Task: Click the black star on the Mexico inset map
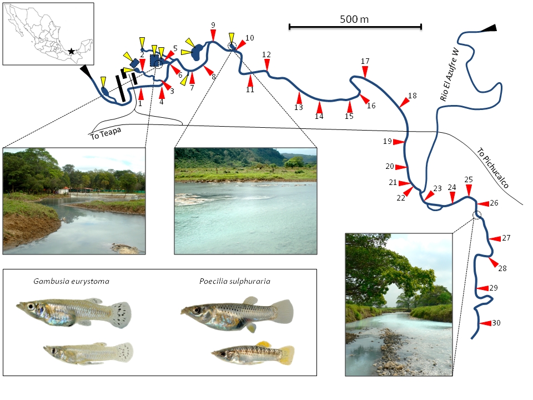(x=71, y=51)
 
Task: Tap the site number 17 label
(x=365, y=61)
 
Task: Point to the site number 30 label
(x=496, y=323)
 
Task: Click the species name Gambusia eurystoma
(x=70, y=281)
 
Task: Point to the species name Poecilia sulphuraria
(x=235, y=281)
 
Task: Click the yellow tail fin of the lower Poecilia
(x=286, y=354)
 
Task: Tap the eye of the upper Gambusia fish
(x=29, y=307)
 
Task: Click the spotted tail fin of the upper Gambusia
(x=120, y=314)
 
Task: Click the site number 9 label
(x=213, y=26)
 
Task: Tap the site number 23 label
(x=437, y=189)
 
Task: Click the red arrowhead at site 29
(x=482, y=288)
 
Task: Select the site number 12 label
(x=266, y=54)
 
